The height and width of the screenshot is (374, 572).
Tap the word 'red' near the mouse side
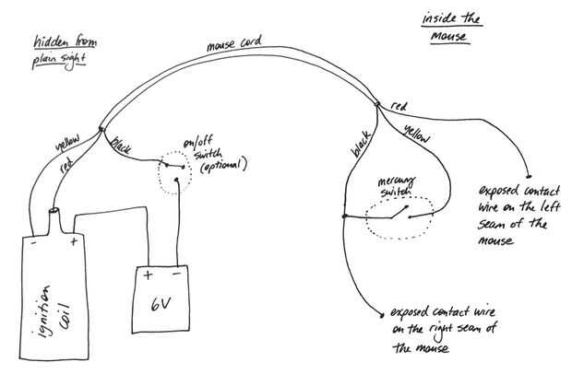[x=399, y=107]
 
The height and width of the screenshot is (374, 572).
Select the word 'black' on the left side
[x=122, y=146]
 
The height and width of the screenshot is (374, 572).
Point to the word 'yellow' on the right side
[x=417, y=134]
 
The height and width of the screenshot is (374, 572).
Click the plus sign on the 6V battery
[x=148, y=275]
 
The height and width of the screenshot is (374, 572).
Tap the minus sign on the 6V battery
[x=176, y=275]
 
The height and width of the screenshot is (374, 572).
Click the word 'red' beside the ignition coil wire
[x=66, y=171]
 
